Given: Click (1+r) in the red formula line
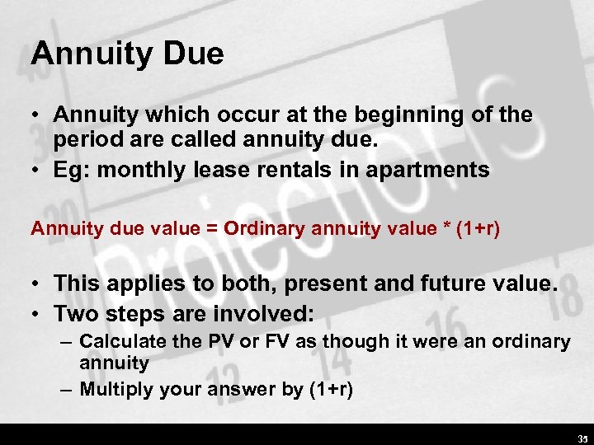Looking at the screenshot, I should tap(480, 228).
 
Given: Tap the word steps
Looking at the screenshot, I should tap(131, 314).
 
